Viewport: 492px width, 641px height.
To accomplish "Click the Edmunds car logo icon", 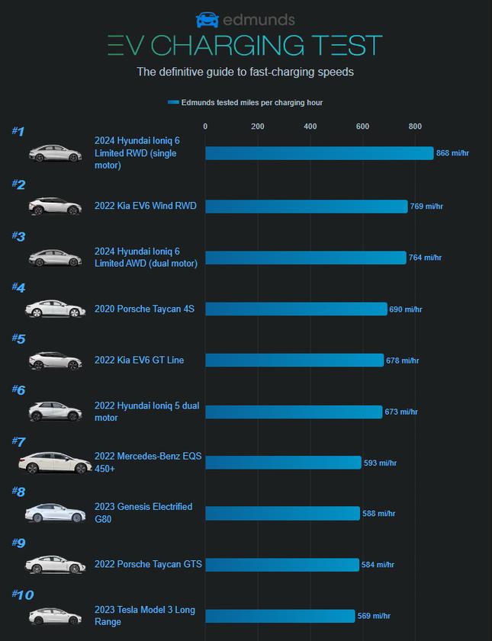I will point(207,20).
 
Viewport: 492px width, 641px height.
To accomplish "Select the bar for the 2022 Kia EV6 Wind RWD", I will point(306,206).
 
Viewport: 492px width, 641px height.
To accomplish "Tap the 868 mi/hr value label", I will point(452,154).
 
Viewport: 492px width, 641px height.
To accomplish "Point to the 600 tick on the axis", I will point(362,127).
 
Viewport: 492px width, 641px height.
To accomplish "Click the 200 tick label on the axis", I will point(258,127).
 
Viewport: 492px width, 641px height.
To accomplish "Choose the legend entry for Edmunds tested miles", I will point(246,102).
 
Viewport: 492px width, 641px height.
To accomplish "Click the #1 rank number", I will point(18,132).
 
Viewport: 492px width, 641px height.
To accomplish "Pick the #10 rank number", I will point(22,595).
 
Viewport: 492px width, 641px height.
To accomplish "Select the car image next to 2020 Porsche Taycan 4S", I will point(55,309).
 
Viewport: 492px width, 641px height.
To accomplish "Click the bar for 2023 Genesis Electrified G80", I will point(282,513).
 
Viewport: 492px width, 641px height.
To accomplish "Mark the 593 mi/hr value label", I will point(380,463).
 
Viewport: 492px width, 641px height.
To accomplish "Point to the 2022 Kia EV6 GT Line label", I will point(139,360).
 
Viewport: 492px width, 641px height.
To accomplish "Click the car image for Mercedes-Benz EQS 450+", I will point(55,463).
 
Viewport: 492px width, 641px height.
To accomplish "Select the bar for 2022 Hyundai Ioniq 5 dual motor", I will point(294,412).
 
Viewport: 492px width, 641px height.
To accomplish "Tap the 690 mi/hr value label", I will point(405,309).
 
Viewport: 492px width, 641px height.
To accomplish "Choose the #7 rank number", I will point(18,441).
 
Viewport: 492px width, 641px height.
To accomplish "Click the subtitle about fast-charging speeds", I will point(245,72).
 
